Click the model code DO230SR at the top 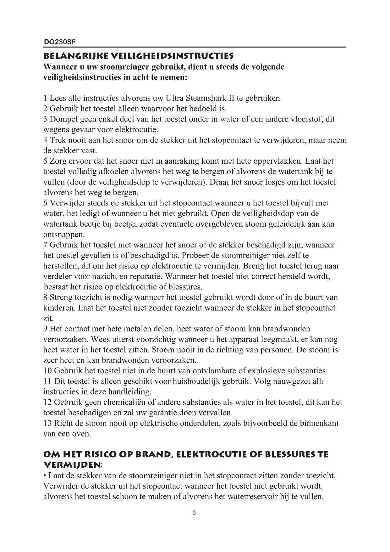click(x=60, y=42)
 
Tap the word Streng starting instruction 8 click(x=62, y=297)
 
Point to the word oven click(x=82, y=434)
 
